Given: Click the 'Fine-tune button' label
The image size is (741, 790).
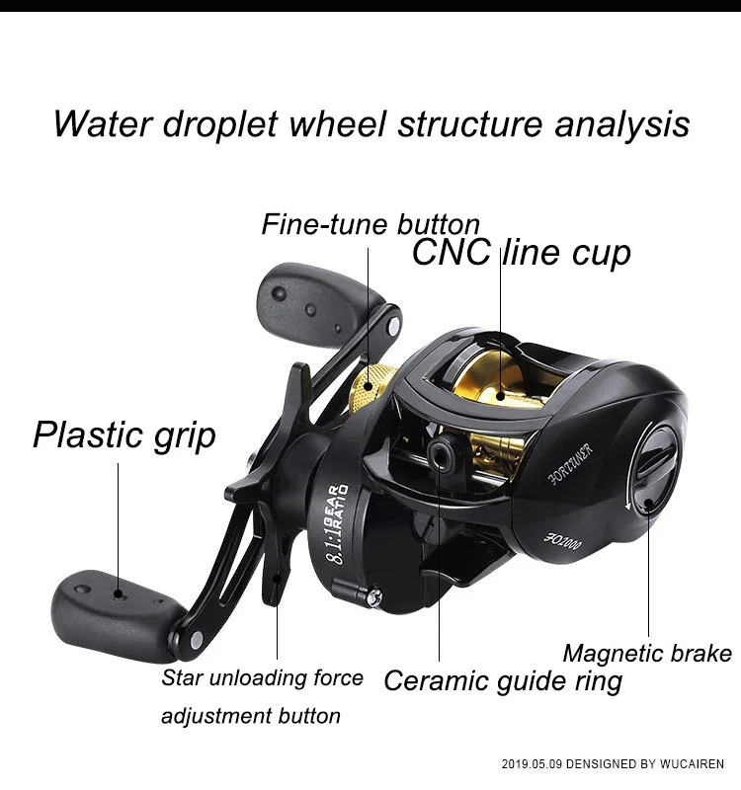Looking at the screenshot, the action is [x=370, y=225].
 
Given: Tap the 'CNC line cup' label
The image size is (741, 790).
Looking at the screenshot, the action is [x=522, y=253].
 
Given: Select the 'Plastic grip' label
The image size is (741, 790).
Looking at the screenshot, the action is [x=124, y=435].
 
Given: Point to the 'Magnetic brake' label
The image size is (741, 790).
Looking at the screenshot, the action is [x=647, y=654].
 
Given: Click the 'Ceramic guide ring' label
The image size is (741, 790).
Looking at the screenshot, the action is [x=503, y=681].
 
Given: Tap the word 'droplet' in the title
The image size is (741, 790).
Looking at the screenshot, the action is [x=219, y=124].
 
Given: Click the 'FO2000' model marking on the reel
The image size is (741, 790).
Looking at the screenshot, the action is [x=562, y=540].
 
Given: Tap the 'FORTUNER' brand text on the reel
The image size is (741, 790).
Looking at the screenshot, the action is [x=571, y=464].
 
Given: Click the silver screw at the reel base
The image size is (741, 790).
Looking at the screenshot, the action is [x=374, y=596].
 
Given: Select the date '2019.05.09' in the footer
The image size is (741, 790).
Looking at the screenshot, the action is [x=532, y=763].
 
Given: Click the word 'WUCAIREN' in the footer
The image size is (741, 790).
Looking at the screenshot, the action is [x=692, y=763].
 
